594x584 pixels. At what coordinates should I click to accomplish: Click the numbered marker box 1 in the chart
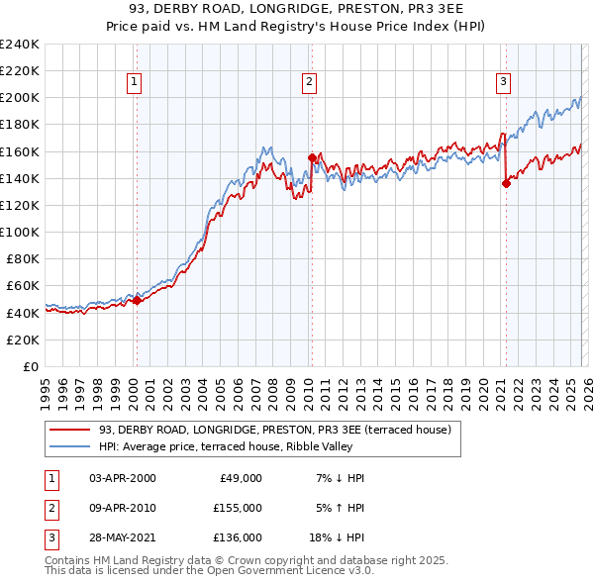pos(134,82)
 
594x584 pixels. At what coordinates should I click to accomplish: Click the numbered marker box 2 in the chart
pos(309,82)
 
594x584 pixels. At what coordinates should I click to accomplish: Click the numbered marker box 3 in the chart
pos(503,82)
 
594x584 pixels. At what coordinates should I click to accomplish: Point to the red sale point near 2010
pos(312,157)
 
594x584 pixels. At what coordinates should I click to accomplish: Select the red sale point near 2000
pos(137,301)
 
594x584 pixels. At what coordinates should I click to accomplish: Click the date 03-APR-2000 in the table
pos(123,478)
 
